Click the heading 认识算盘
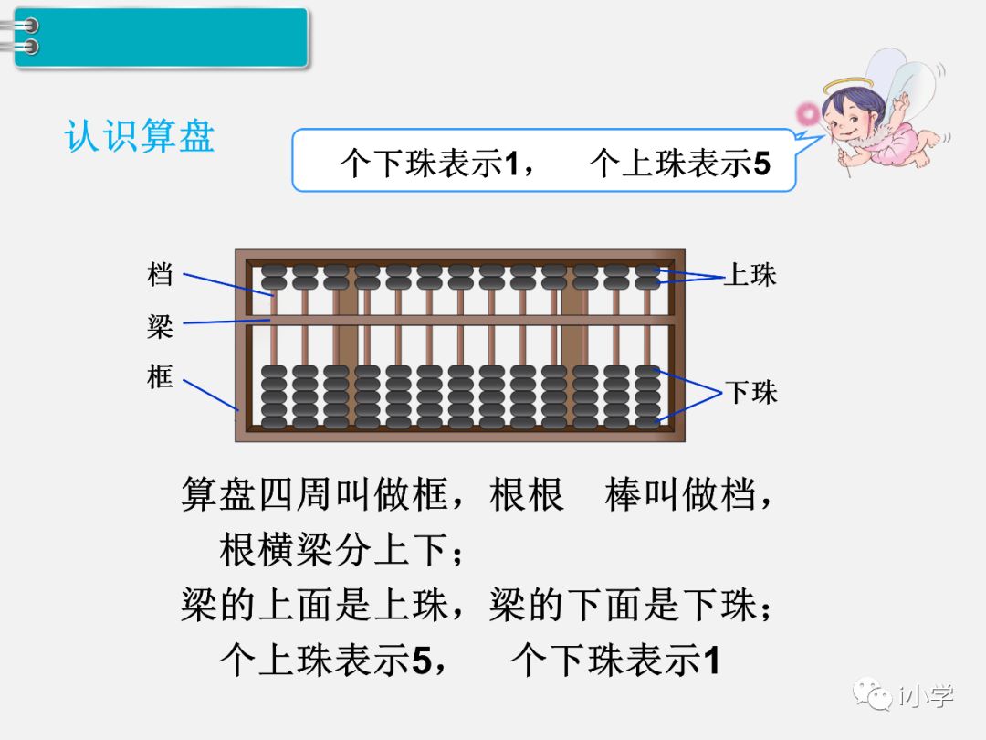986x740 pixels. tap(140, 136)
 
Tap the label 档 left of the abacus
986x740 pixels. tap(160, 273)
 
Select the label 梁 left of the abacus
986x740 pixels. tap(160, 325)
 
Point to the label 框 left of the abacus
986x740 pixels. tap(160, 376)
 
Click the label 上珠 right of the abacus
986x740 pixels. tap(750, 275)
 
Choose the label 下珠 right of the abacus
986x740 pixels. tap(750, 393)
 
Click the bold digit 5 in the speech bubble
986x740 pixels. tap(762, 164)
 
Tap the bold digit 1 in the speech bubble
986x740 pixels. tap(512, 164)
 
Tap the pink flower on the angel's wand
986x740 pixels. tap(808, 113)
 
